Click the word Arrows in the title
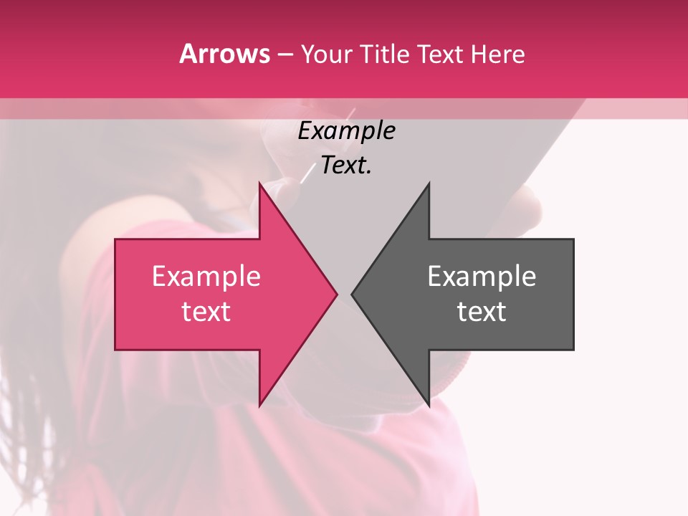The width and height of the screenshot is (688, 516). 225,54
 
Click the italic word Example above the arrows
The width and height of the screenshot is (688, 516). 346,131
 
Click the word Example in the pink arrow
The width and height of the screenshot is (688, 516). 206,277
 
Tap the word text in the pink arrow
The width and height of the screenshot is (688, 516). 206,312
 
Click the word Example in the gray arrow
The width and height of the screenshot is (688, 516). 482,277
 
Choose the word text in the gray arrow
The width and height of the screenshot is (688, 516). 482,312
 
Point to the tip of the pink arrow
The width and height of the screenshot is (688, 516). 336,294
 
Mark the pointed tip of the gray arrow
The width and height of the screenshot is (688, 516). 353,294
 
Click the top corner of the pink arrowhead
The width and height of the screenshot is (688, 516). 260,183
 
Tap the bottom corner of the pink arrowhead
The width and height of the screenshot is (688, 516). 260,406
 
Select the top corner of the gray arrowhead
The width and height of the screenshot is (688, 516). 429,183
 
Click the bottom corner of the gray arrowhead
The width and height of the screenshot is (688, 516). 429,406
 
